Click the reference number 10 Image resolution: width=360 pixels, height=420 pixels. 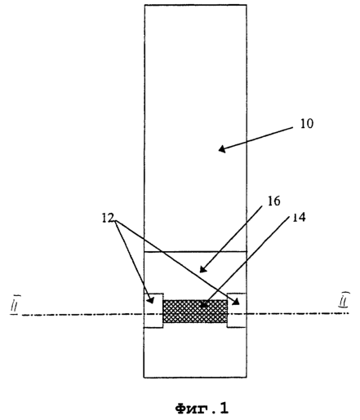coord(307,124)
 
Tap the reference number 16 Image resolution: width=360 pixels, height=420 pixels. coord(273,201)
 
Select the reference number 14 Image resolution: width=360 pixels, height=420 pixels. coord(299,217)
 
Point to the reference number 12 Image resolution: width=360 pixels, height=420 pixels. coord(108,218)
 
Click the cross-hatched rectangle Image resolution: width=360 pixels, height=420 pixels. coord(195,312)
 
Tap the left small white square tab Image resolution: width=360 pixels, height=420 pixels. coord(153,311)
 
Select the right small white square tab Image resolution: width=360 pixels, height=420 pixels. coord(237,311)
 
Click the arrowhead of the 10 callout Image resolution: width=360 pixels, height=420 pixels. coord(222,149)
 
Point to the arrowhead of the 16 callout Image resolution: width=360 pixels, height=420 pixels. coord(202,269)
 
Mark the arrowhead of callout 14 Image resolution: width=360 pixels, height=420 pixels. coord(204,304)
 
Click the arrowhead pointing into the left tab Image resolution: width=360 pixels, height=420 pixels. coord(151,300)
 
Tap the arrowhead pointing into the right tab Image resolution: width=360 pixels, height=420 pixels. coord(236,302)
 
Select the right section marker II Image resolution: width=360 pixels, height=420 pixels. coord(344,299)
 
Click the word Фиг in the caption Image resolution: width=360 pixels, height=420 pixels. coord(193,408)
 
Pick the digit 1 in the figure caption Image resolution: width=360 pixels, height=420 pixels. coord(224,408)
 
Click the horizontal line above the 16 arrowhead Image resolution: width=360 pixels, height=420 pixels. coord(195,252)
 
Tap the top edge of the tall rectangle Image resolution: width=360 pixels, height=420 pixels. coord(195,5)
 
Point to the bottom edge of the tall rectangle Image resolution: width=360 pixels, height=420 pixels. coord(195,378)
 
